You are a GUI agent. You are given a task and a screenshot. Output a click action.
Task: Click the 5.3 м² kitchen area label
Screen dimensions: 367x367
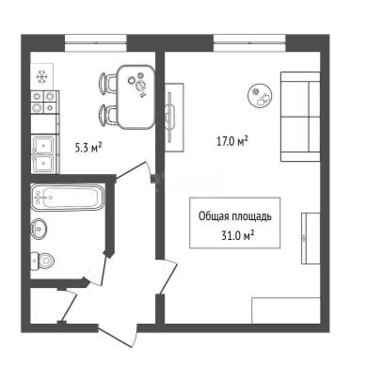(88, 147)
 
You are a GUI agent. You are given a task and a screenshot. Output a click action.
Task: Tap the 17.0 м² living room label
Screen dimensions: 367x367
(232, 141)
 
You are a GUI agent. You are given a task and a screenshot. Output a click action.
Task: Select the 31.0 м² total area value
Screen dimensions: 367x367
(237, 234)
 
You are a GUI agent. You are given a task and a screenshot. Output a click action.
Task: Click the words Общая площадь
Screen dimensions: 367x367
(235, 216)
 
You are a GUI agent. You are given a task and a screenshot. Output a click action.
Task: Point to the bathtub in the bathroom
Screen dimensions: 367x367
(67, 198)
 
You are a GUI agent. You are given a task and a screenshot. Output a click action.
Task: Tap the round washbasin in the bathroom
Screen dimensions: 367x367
(39, 228)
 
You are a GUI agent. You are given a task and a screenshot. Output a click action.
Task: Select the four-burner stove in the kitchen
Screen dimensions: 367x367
(44, 102)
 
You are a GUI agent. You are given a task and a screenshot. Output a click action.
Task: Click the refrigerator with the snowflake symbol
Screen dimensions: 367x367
(41, 76)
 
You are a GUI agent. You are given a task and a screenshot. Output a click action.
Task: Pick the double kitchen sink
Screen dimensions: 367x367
(44, 153)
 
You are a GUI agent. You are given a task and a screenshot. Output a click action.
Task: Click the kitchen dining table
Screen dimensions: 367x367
(136, 97)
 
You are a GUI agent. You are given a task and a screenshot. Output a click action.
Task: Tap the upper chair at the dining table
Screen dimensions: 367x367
(108, 83)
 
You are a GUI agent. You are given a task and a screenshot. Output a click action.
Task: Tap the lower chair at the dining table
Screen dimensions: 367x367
(108, 116)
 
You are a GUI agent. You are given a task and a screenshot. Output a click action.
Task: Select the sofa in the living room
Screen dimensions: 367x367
(300, 117)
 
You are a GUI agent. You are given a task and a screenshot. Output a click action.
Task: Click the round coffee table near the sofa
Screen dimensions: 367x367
(260, 96)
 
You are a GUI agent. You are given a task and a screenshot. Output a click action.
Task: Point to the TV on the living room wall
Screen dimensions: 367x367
(170, 118)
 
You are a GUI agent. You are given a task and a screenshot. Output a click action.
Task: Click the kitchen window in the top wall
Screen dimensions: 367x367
(96, 42)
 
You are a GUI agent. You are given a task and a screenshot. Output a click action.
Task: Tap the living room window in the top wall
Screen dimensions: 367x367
(249, 42)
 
